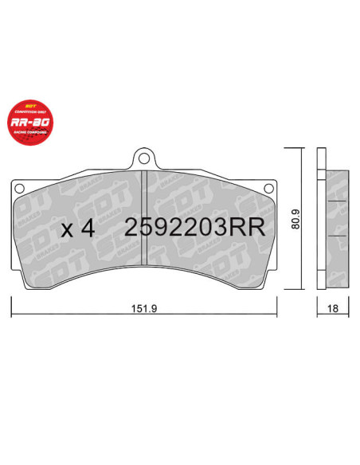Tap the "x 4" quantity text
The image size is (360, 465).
point(78,228)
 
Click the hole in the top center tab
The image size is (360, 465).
point(143,157)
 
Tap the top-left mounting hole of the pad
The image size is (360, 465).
point(19,188)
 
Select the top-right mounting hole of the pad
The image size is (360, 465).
point(268,188)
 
